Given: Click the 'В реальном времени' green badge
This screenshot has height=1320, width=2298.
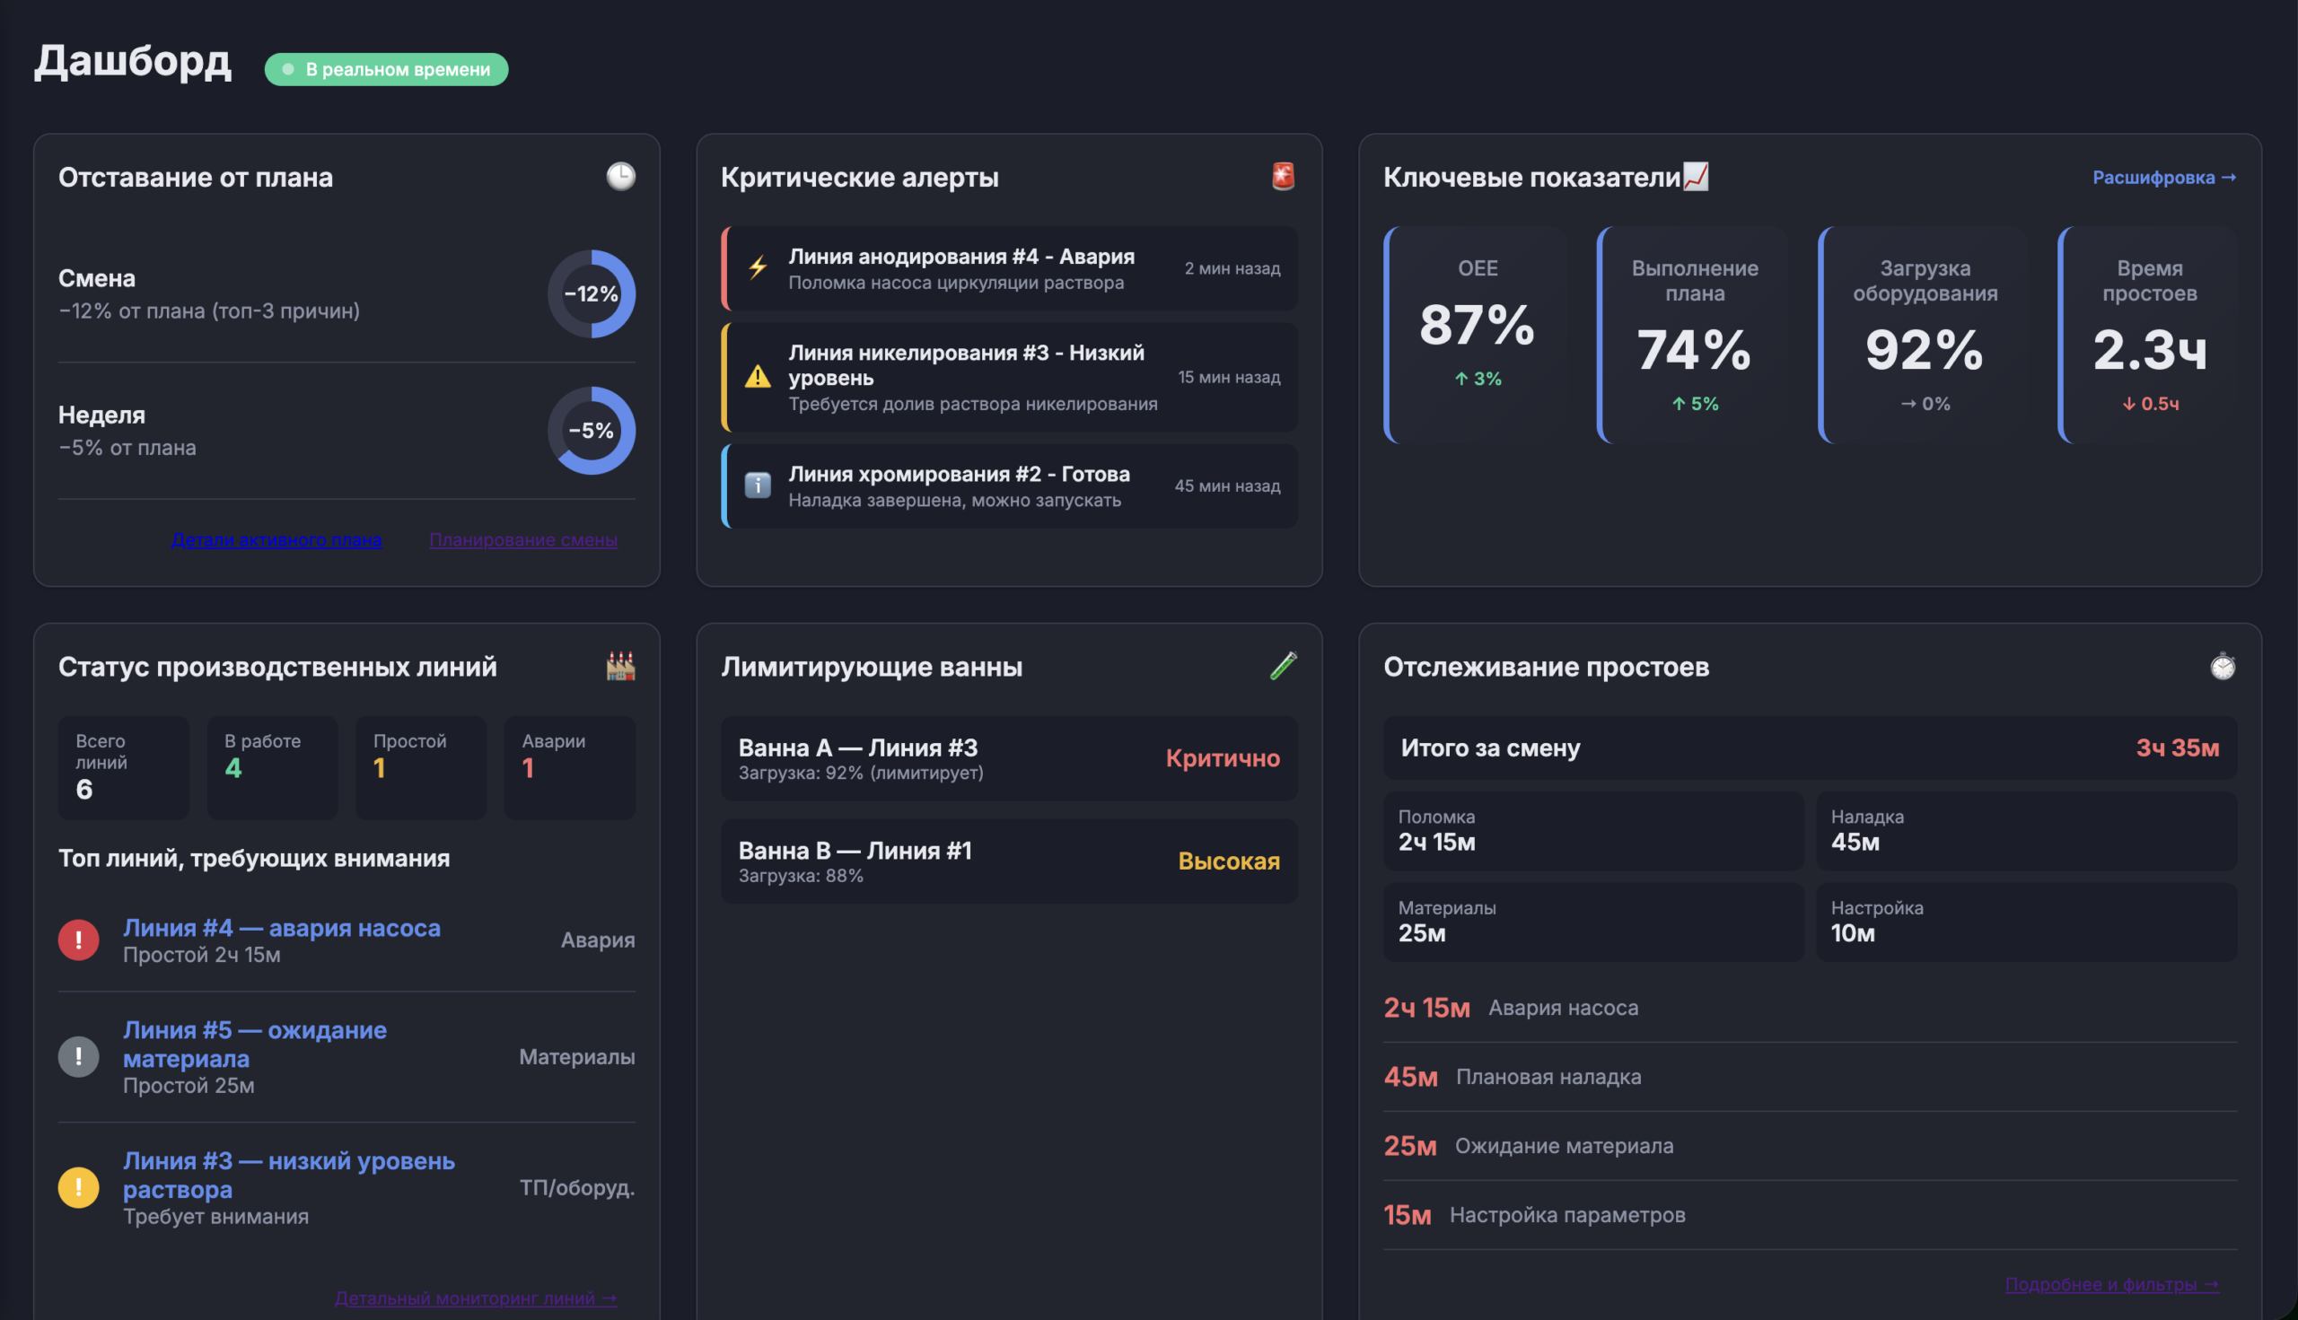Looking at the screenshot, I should coord(386,70).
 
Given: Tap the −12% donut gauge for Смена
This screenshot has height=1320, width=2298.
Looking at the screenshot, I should coord(592,293).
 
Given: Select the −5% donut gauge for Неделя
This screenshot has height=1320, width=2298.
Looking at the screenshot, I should coord(592,431).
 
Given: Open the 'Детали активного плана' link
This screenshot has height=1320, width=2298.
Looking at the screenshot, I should coord(276,540).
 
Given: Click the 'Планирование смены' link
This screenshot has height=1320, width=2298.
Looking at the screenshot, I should coord(523,540).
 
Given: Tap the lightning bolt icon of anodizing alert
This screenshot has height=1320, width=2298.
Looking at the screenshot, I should coord(759,268).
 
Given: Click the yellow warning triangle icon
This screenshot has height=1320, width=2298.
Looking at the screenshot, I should coord(759,376).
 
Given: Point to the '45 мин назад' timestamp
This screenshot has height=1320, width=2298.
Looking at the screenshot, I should coord(1227,486).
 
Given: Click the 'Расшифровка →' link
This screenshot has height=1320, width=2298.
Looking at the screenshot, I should coord(2162,178).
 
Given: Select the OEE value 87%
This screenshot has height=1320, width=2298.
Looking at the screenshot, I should coord(1477,325).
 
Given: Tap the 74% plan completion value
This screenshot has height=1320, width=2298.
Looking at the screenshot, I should coord(1694,350).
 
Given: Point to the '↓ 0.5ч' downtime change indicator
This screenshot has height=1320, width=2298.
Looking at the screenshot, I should coord(2149,405).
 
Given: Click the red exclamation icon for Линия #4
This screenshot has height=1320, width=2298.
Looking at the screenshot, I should coord(79,940).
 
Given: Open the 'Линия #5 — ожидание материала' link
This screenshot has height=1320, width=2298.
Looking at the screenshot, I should coord(255,1045).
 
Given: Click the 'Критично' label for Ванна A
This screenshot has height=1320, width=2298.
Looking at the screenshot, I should coord(1223,759).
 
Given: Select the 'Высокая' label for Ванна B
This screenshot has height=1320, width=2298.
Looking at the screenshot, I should coord(1229,861).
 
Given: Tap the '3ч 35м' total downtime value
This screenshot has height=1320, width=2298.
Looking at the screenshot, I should coord(2177,747).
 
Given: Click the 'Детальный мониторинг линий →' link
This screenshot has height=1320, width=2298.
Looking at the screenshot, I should coord(475,1298).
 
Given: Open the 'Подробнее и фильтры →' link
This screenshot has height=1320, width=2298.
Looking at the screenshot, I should coord(2111,1285).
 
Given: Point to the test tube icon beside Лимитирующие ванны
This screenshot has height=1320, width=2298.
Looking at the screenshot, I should coord(1284,667).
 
